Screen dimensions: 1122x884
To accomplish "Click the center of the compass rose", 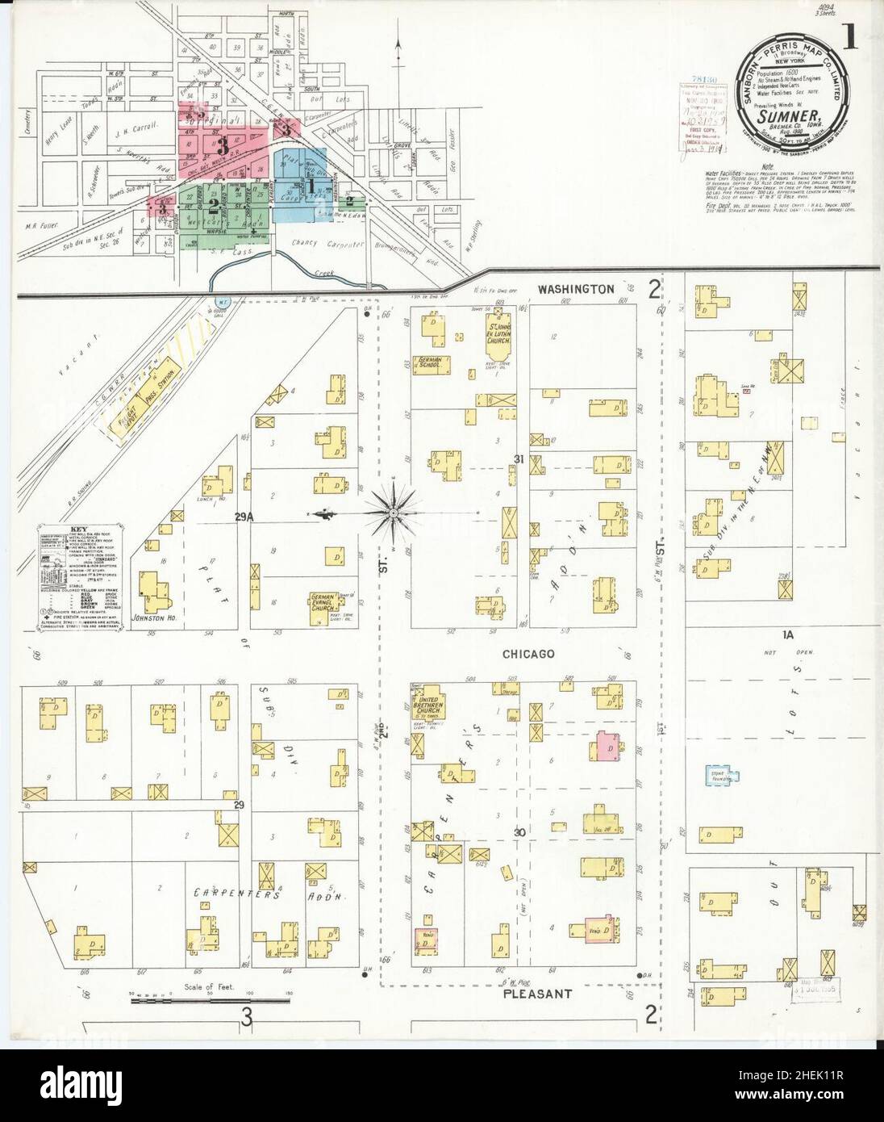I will [x=394, y=512].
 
